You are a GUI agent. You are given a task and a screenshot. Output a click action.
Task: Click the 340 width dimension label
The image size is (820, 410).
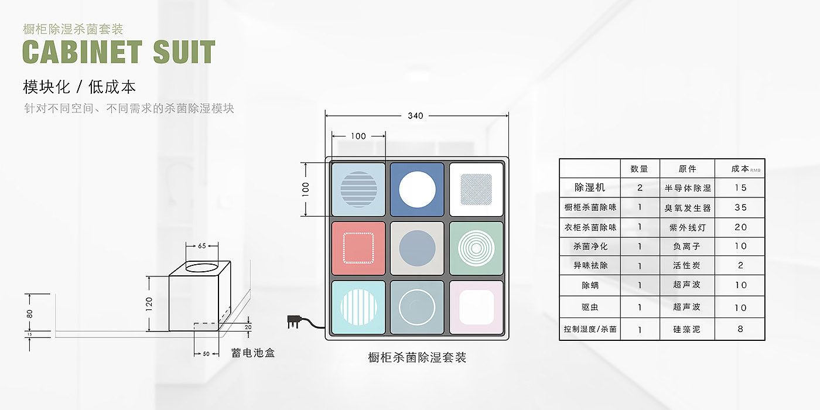pyautogui.click(x=415, y=116)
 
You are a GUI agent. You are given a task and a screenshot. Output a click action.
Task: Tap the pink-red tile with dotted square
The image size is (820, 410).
pyautogui.click(x=358, y=248)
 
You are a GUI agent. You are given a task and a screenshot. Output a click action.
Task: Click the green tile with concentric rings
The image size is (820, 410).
pyautogui.click(x=476, y=248)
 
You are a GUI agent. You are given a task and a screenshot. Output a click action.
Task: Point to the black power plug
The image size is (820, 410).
pyautogui.click(x=295, y=322)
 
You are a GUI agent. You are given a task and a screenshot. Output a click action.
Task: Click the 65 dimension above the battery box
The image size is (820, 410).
pyautogui.click(x=202, y=246)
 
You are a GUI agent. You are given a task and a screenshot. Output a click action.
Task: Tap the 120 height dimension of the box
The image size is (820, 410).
pyautogui.click(x=149, y=303)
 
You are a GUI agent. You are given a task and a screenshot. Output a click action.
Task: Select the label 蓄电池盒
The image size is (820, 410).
pyautogui.click(x=253, y=353)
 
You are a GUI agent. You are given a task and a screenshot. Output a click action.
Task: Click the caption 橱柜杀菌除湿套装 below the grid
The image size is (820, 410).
pyautogui.click(x=417, y=357)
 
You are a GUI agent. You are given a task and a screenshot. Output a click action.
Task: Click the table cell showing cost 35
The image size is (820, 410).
pyautogui.click(x=740, y=207)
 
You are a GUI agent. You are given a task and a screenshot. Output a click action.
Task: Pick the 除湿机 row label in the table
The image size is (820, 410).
pyautogui.click(x=589, y=187)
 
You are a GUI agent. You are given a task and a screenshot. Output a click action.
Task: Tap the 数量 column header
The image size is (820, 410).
pyautogui.click(x=639, y=169)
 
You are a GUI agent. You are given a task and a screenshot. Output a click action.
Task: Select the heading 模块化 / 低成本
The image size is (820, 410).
pyautogui.click(x=79, y=87)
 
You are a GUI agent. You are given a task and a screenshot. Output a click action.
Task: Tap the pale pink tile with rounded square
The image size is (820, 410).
pyautogui.click(x=476, y=307)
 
